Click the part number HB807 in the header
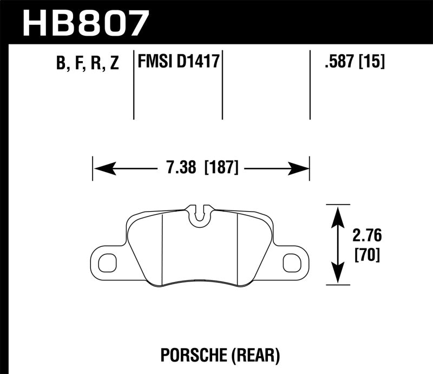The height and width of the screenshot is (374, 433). [x=83, y=22]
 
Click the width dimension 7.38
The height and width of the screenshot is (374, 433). [x=180, y=168]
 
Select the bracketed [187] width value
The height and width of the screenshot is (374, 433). [x=221, y=168]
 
